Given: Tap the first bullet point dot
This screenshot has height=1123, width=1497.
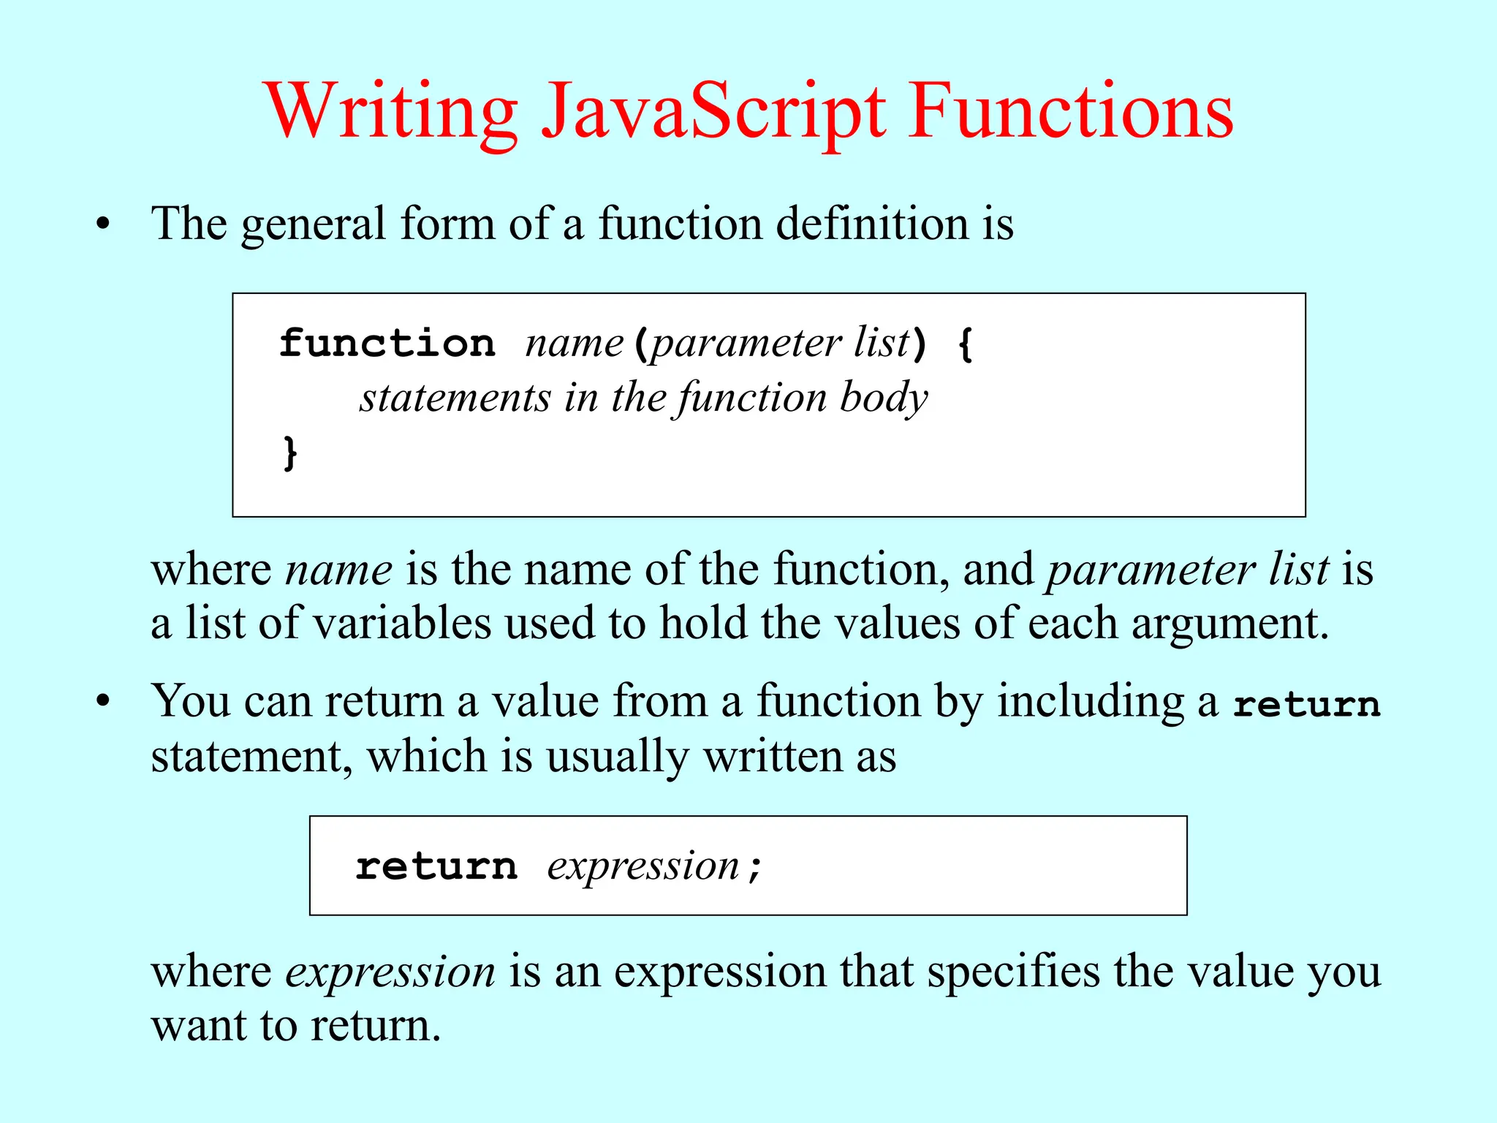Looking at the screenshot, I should coord(103,224).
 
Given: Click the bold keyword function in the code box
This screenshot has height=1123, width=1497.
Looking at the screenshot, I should coord(387,343).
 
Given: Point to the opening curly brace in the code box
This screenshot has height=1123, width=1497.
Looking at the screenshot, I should coord(966,344).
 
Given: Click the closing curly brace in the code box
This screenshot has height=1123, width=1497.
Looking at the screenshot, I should coord(290,453).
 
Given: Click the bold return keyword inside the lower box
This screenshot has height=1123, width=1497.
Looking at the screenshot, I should coord(436,866).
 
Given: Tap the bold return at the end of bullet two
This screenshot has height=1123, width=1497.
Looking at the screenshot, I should coord(1306,704).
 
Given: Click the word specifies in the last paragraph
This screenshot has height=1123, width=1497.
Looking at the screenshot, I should coord(1013,972).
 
